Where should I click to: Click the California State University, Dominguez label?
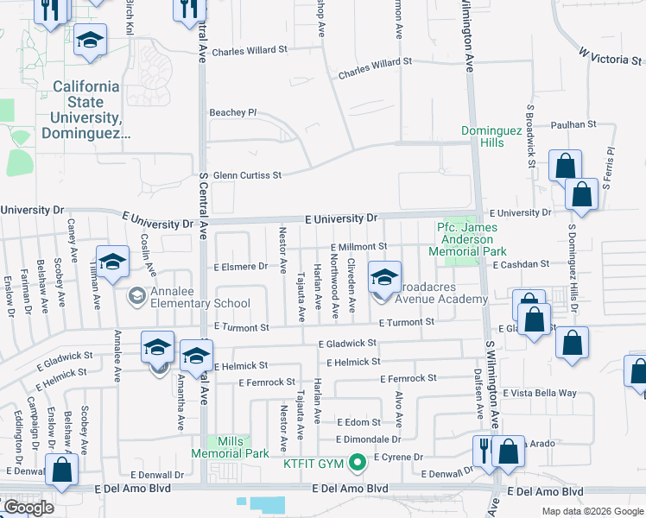point(86,110)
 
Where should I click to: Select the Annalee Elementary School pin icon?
point(136,296)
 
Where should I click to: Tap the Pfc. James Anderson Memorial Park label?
point(472,239)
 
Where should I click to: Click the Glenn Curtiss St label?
point(247,175)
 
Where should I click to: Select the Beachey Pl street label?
point(233,112)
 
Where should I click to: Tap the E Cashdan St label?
point(521,264)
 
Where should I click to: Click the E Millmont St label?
point(357,246)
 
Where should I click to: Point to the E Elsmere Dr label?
point(240,266)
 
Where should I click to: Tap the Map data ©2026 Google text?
point(592,511)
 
